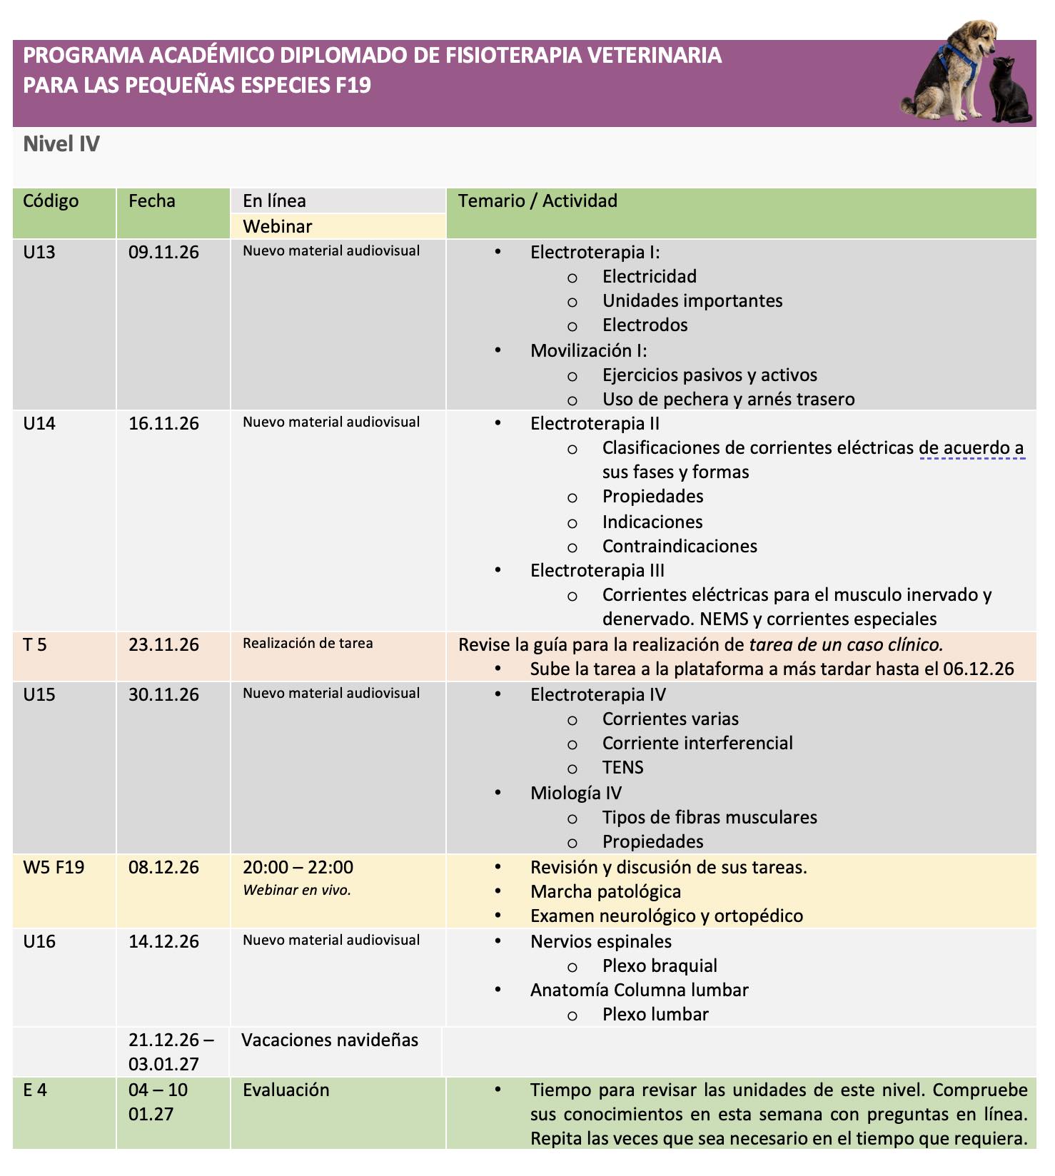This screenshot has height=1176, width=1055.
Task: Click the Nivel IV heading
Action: pos(61,144)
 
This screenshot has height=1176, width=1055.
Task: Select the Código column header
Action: pos(51,201)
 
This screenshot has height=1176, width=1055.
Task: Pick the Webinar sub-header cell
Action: pos(278,226)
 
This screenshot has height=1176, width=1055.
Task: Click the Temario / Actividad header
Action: pos(537,201)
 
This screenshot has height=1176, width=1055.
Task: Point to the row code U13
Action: pos(39,252)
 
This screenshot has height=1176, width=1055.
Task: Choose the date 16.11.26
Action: pos(163,424)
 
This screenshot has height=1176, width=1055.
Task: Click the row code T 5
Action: pos(35,645)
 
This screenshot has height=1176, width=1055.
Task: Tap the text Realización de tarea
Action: pos(308,644)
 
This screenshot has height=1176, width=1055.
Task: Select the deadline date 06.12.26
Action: pos(978,669)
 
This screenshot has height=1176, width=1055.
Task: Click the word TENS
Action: pos(622,768)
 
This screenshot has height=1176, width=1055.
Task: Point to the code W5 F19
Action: pos(54,868)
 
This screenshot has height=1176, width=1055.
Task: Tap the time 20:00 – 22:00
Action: pos(298,868)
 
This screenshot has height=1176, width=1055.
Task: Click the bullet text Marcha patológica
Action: pos(605,892)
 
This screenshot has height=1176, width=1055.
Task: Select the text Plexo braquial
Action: pos(660,966)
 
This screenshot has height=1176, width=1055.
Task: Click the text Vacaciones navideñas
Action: pos(330,1040)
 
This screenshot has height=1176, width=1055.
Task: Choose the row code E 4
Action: pos(35,1090)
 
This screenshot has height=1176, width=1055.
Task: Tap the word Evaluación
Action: pos(286,1090)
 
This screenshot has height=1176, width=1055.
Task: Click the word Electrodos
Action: pos(645,325)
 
